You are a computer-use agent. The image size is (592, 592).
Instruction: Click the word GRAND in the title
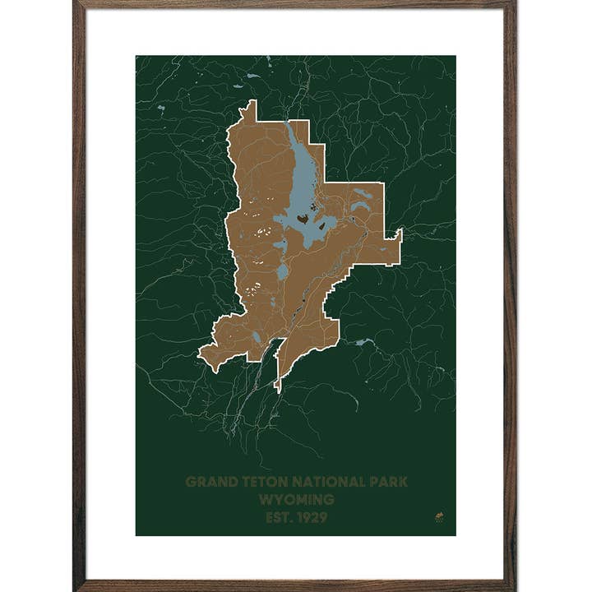(208, 482)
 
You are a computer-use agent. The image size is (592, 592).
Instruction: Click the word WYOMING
(296, 500)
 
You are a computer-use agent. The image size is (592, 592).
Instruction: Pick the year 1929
(310, 518)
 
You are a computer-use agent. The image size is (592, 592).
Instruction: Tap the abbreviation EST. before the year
(278, 518)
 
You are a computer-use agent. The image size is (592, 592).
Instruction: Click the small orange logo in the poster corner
(438, 517)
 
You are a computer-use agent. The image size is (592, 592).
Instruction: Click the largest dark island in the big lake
(303, 220)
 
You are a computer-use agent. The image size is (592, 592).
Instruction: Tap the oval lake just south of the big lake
(282, 271)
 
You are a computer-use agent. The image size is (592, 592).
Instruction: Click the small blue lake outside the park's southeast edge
(363, 341)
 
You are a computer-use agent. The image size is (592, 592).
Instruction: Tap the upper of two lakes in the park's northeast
(363, 194)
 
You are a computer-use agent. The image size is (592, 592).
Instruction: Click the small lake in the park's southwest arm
(257, 337)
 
